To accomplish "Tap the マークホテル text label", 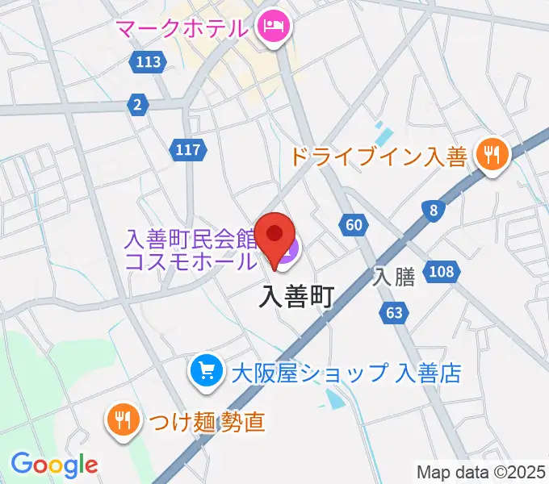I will [181, 29].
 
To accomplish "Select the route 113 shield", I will [149, 62].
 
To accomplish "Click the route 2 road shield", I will [138, 103].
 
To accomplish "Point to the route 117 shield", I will [189, 149].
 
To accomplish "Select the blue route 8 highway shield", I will [434, 211].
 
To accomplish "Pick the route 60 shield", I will [353, 225].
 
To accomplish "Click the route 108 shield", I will [442, 271].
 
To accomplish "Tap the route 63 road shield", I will [394, 312].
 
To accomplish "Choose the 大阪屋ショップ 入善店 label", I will [346, 373].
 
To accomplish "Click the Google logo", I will [54, 464].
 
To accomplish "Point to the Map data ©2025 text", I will [480, 471].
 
